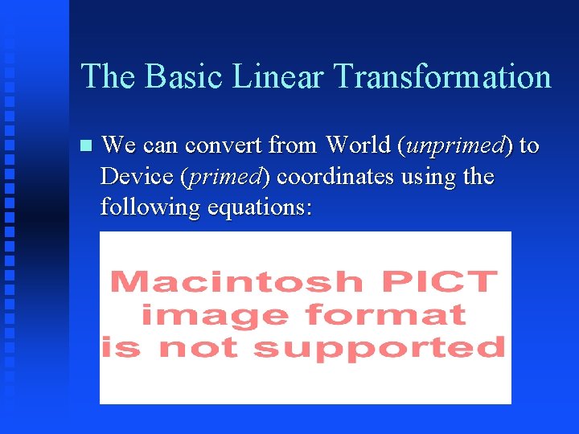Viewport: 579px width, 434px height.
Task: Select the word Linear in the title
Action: (278, 77)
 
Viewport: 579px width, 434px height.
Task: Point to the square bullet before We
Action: (87, 146)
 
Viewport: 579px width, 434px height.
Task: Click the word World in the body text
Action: (358, 145)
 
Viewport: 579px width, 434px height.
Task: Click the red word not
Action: (197, 347)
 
